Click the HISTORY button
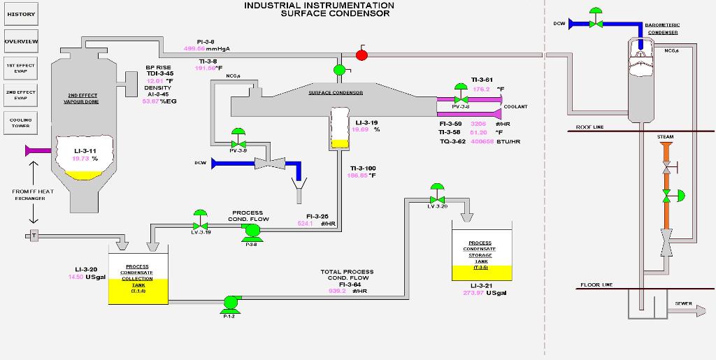21,14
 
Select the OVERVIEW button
21,41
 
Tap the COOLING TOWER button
21,122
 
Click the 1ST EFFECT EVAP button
21,68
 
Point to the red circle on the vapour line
361,55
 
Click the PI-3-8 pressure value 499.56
194,49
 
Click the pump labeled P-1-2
229,303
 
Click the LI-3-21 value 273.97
473,293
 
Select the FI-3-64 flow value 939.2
338,291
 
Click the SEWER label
684,303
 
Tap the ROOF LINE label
589,127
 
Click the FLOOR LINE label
596,285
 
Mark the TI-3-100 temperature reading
358,175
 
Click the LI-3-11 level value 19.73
81,159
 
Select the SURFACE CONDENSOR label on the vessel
336,93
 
